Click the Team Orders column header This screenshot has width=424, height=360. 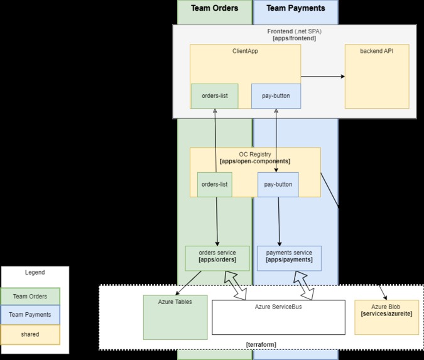(x=214, y=8)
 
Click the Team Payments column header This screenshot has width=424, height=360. (x=295, y=8)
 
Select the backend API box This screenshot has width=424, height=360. (x=377, y=76)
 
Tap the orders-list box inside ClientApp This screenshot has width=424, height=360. (x=214, y=96)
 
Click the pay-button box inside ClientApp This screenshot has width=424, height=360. (x=276, y=96)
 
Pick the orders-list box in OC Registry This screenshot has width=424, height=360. (x=214, y=184)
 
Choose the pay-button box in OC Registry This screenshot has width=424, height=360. (x=278, y=184)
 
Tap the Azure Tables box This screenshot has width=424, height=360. (x=175, y=317)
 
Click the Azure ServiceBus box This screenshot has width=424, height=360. (x=278, y=317)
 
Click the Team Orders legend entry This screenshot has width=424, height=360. (x=30, y=296)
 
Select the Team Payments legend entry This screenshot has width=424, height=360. (x=30, y=315)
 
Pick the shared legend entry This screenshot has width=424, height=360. (x=30, y=334)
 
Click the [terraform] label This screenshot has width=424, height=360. (x=261, y=344)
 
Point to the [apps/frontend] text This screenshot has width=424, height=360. (x=294, y=38)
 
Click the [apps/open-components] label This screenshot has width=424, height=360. (x=255, y=161)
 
